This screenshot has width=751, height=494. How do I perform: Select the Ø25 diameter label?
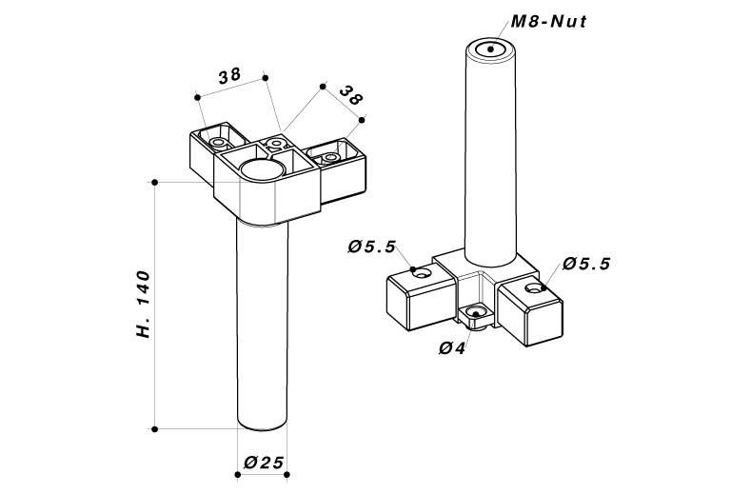coord(263,463)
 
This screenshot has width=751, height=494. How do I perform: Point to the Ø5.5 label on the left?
coord(371,247)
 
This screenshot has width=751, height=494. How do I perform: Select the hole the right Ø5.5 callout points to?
coord(537,287)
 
